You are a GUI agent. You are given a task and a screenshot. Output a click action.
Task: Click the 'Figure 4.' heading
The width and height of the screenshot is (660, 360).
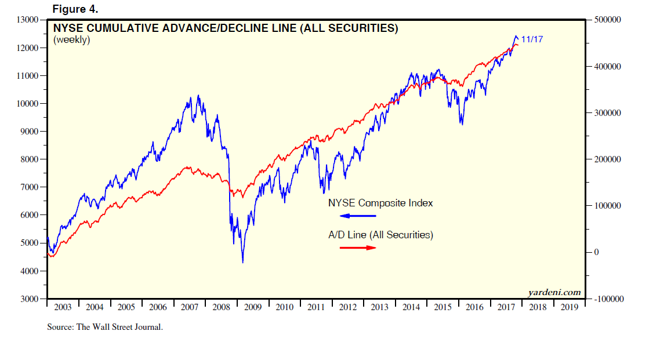(75, 9)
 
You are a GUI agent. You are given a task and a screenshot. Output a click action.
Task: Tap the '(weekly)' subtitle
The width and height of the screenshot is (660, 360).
(72, 40)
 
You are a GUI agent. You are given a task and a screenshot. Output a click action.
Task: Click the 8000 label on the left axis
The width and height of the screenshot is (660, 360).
(30, 159)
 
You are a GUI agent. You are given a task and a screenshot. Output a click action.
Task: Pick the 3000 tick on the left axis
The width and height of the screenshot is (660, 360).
(30, 299)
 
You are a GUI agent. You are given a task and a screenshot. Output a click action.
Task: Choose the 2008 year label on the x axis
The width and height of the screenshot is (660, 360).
(221, 307)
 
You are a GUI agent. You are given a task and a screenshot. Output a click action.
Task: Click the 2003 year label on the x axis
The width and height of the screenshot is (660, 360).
(63, 307)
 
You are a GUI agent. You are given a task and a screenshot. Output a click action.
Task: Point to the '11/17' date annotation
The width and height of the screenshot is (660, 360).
(532, 39)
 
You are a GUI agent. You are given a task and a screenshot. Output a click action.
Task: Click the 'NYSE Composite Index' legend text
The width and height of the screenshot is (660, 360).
(380, 203)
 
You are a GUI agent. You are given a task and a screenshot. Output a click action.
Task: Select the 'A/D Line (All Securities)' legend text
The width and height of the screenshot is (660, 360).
(380, 235)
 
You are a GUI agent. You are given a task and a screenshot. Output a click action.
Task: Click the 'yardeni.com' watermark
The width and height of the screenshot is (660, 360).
(554, 292)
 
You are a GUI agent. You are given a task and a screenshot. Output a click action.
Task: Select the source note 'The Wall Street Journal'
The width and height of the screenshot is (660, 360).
(119, 327)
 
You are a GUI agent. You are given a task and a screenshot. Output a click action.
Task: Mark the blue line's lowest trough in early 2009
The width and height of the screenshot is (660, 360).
(242, 263)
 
